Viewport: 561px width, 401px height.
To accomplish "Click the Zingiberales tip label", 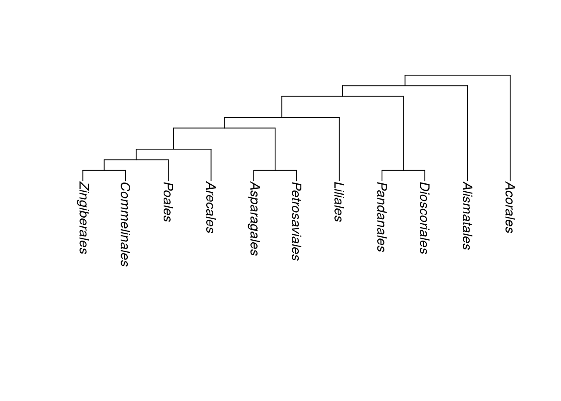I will click(83, 218).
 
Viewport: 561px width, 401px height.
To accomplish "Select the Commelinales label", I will click(125, 224).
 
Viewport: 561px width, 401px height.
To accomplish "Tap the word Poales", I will click(168, 202).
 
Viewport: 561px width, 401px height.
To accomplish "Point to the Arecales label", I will click(210, 207).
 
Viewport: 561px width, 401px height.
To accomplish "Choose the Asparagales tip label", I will click(254, 218).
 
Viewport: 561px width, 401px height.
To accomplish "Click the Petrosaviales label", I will click(296, 221).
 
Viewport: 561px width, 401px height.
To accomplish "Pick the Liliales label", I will click(339, 202).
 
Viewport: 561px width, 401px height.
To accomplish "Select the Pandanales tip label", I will click(381, 217).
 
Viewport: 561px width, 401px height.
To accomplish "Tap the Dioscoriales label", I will click(424, 218).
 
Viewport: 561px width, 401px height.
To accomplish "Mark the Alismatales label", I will click(467, 216).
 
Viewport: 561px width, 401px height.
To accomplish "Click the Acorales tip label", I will click(510, 207).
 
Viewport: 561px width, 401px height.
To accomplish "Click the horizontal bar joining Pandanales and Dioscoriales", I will click(403, 170).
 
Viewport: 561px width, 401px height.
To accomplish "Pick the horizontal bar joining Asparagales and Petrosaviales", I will click(275, 170).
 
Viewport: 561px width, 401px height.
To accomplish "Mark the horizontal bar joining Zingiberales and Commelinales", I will click(104, 170).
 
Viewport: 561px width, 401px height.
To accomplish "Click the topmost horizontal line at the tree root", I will click(457, 75).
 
